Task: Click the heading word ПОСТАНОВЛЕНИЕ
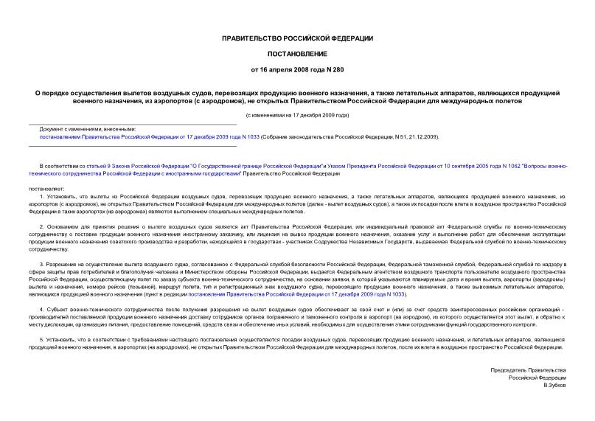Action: (x=297, y=54)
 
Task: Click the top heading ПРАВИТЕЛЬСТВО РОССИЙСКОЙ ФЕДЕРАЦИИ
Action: (x=297, y=38)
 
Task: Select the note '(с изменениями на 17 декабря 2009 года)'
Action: (x=297, y=116)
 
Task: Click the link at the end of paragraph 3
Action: (x=389, y=293)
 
